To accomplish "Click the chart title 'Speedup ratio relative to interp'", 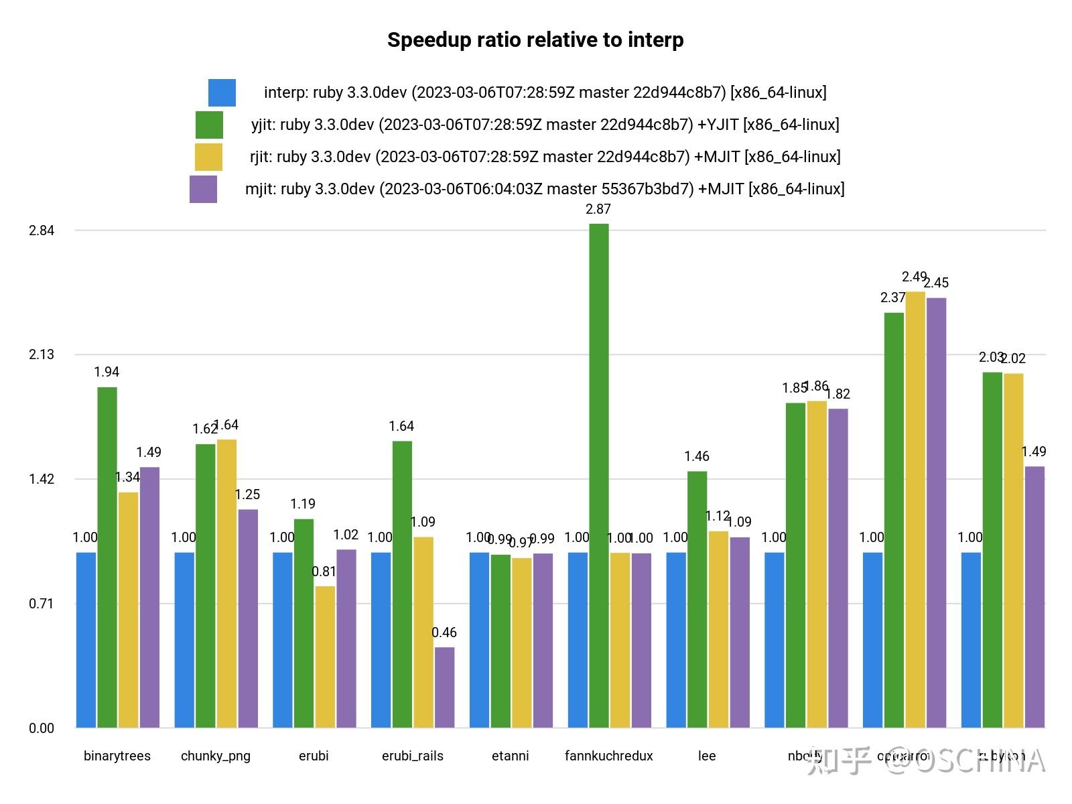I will click(x=535, y=40).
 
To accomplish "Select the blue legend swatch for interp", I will click(x=222, y=92).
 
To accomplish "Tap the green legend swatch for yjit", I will click(x=209, y=125).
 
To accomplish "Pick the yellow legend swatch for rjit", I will click(x=208, y=157).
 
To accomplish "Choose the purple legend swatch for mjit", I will click(x=203, y=189).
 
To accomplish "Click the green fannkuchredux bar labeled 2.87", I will click(x=598, y=476).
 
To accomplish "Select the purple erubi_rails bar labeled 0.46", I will click(x=444, y=687).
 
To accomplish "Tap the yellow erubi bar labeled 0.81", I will click(x=325, y=657).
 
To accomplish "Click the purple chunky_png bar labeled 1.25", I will click(x=248, y=618).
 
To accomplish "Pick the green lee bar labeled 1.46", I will click(x=697, y=600).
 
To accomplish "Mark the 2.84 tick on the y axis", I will click(x=41, y=230).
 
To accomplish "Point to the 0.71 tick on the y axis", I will click(x=41, y=604).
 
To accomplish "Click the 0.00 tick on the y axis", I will click(x=41, y=728).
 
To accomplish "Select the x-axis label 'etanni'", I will click(x=510, y=756).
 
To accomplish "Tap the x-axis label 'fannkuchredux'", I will click(x=608, y=756).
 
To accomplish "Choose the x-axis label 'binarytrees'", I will click(x=117, y=756).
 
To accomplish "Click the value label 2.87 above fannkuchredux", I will click(x=598, y=209).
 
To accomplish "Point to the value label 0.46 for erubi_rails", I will click(x=444, y=632).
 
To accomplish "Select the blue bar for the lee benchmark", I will click(x=676, y=640).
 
